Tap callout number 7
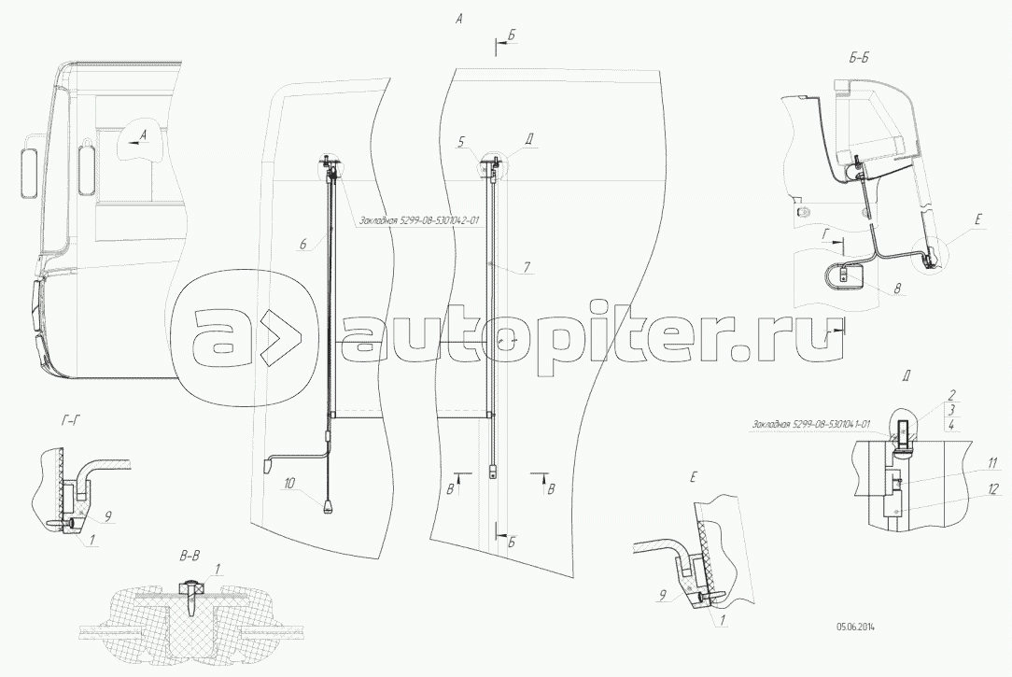coord(527,267)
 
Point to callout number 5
coord(461,142)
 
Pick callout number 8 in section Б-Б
coord(896,289)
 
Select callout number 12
coord(968,488)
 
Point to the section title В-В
coord(189,557)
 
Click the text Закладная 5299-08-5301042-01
coord(417,221)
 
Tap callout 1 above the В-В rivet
coord(218,568)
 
